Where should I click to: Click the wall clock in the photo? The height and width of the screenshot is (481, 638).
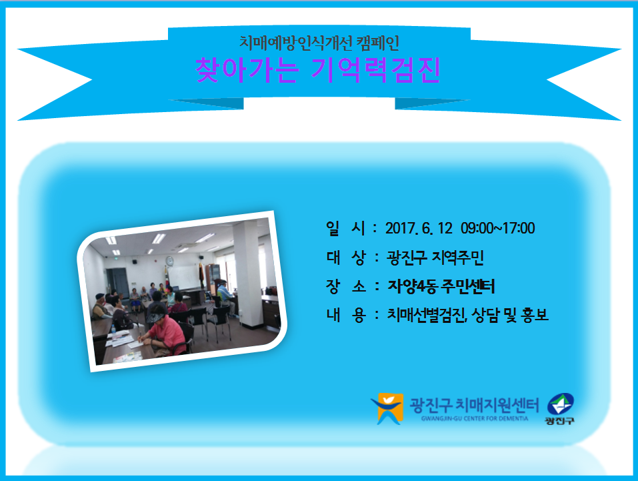tap(169, 261)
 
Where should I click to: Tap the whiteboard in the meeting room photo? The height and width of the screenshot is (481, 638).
tap(184, 276)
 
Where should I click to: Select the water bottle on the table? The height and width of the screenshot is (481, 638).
tap(113, 330)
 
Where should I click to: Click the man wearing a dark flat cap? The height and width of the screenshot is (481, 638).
tap(100, 306)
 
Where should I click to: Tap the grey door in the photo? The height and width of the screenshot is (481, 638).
tap(117, 283)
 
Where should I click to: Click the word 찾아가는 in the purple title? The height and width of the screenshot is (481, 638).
tap(247, 71)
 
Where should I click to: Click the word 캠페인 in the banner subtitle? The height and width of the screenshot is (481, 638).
tap(377, 43)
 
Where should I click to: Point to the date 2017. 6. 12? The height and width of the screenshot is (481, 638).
tap(419, 228)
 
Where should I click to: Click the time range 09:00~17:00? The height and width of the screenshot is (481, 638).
tap(497, 228)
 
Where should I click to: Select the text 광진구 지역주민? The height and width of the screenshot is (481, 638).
tap(435, 258)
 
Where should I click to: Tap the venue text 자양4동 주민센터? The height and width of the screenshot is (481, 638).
tap(441, 286)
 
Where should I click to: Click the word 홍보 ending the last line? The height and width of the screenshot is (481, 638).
tap(535, 315)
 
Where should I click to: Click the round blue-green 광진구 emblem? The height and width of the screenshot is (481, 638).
tap(560, 405)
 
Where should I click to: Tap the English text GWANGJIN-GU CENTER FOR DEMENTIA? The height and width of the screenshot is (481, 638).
tap(475, 419)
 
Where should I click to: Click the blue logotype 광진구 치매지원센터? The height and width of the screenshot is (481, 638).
tap(474, 405)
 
